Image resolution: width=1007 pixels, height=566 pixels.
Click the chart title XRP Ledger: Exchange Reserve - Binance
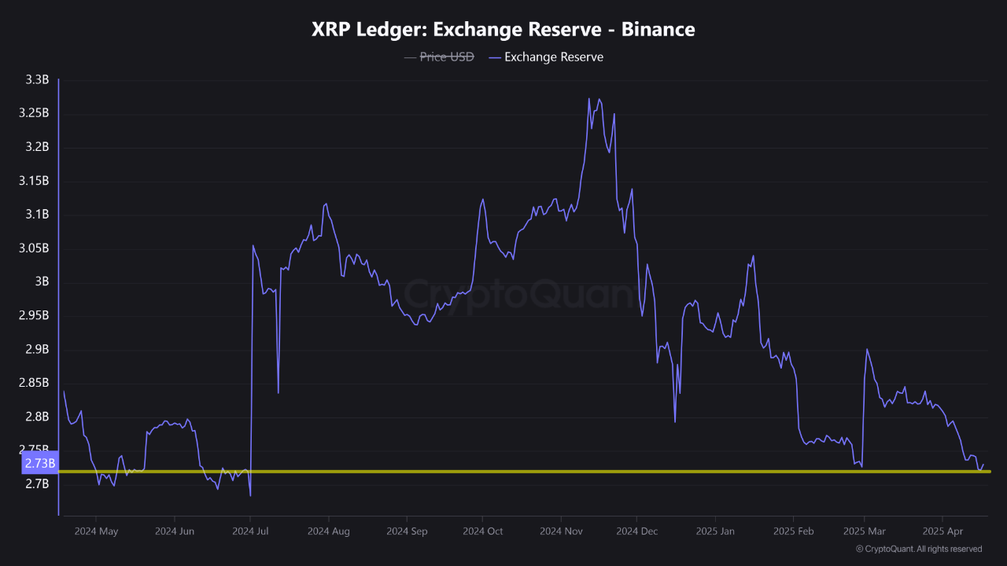(x=503, y=30)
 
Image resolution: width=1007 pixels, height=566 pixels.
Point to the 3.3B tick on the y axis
(x=37, y=80)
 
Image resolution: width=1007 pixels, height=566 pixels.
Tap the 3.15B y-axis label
(x=34, y=181)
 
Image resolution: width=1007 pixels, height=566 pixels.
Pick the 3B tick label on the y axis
(x=42, y=281)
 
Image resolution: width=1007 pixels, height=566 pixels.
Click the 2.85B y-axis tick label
(x=34, y=383)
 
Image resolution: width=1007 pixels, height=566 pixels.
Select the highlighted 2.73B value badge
(x=39, y=463)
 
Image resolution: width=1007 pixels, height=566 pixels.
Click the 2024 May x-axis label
(x=96, y=531)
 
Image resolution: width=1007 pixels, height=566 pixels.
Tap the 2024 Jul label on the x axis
(x=250, y=531)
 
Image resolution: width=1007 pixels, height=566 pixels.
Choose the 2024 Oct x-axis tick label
(x=482, y=531)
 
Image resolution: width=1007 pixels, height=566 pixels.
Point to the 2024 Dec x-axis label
(x=636, y=531)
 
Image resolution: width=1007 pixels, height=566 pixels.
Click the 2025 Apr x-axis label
(x=942, y=531)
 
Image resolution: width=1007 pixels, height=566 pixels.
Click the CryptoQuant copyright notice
(x=918, y=549)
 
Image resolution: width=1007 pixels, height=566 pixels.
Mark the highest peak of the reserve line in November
(x=589, y=99)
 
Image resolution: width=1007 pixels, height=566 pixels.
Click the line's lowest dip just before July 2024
(x=250, y=495)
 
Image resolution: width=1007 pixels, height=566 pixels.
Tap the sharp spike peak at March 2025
(x=866, y=349)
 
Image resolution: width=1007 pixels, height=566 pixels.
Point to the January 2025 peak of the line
(x=754, y=255)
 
